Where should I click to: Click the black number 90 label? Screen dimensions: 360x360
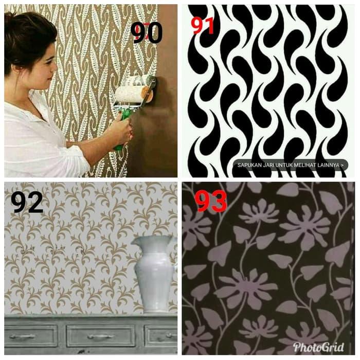[x=147, y=32]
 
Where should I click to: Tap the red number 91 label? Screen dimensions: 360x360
[x=203, y=25]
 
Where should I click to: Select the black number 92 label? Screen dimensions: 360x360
[x=27, y=202]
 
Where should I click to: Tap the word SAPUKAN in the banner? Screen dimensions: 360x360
[x=250, y=165]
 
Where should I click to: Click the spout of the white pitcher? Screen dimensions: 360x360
[x=135, y=241]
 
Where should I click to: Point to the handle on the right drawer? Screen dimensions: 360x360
[x=164, y=336]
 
